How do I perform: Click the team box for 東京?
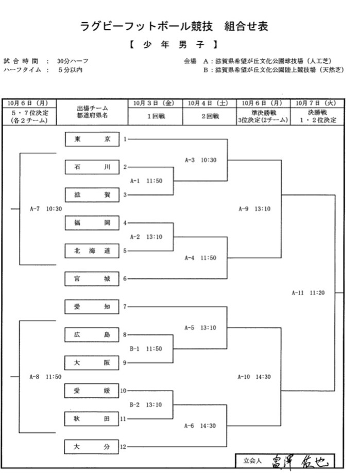(92, 139)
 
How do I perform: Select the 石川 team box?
(92, 167)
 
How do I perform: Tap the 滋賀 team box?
(92, 195)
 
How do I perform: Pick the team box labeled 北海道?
(92, 251)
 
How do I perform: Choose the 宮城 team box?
(92, 279)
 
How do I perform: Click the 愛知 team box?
(92, 307)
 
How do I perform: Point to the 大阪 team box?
(92, 363)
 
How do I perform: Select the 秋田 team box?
(92, 419)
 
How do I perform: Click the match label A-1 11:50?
(146, 181)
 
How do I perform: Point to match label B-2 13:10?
(146, 405)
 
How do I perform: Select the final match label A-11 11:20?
(308, 293)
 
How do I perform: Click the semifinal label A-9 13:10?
(254, 209)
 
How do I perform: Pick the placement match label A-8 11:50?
(45, 377)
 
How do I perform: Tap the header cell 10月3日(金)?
(155, 103)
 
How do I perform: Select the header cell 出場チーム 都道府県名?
(92, 112)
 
